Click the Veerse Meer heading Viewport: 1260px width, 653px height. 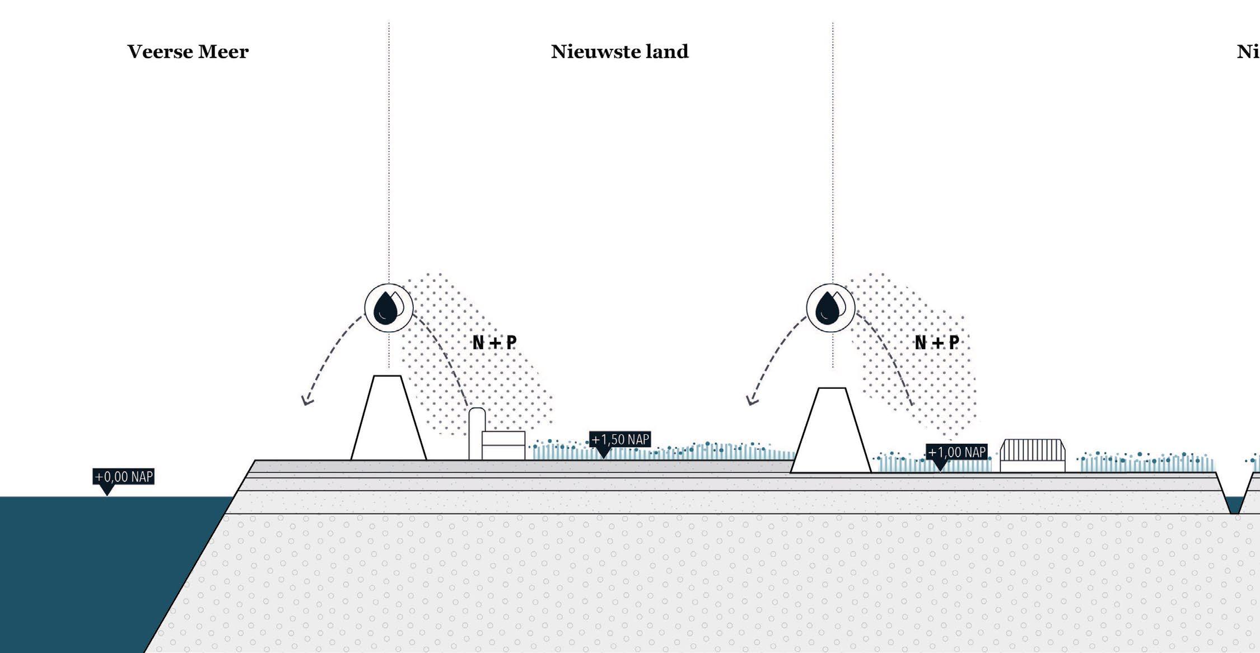point(188,51)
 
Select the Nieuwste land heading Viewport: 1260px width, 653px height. point(619,51)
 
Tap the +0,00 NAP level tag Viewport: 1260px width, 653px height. point(123,477)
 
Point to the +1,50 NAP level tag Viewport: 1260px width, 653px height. point(620,439)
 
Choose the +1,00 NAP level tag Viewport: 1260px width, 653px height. point(956,452)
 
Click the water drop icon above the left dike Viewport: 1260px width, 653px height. point(389,308)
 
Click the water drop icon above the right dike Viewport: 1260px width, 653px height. point(830,308)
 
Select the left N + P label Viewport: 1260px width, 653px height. point(494,342)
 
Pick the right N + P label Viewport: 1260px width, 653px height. point(936,342)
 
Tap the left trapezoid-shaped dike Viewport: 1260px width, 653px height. point(389,425)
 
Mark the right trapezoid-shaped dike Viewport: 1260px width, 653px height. point(831,436)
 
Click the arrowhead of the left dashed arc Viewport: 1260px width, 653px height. point(306,401)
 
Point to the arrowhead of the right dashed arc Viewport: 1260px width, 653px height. point(752,400)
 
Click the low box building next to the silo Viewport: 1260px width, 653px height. point(503,445)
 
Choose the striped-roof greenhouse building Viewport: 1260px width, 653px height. point(1033,455)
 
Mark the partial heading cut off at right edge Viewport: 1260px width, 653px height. point(1248,51)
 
